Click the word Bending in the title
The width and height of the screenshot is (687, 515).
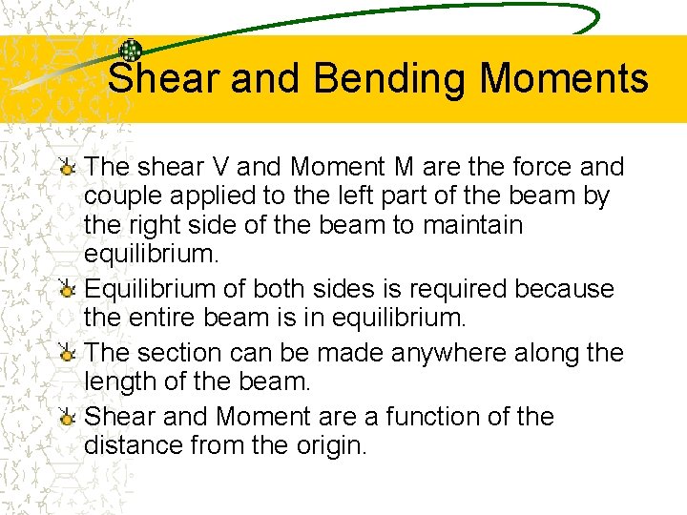(391, 78)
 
